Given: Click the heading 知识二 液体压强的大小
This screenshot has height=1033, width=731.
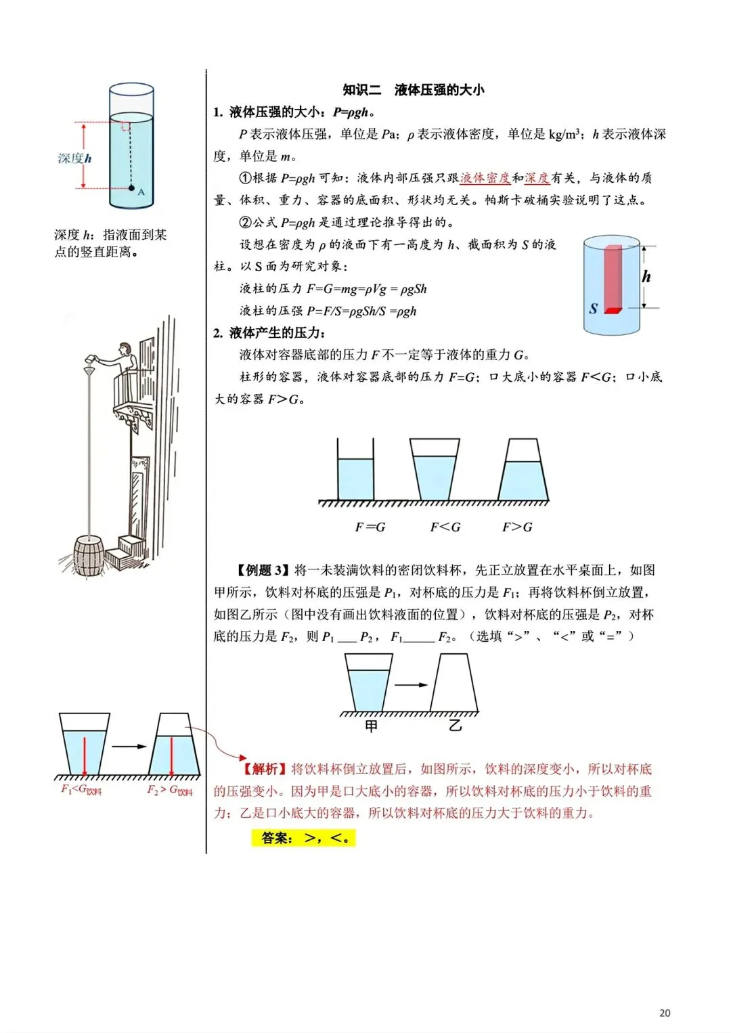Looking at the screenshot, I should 414,89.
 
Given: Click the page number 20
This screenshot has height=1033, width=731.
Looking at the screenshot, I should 665,1013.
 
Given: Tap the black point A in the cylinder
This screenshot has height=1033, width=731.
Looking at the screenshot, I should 131,188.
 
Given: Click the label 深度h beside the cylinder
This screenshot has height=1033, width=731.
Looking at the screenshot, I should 74,158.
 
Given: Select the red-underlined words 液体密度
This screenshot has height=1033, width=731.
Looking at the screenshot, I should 485,178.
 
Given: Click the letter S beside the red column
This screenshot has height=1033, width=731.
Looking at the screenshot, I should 593,309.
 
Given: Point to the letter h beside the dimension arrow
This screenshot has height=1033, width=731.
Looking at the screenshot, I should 646,276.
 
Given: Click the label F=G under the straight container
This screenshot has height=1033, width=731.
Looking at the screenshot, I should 370,527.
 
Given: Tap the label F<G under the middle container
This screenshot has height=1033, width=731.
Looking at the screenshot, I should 445,527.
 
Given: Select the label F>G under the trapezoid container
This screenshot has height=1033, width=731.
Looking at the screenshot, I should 517,527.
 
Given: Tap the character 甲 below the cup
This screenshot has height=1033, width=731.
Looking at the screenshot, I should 371,726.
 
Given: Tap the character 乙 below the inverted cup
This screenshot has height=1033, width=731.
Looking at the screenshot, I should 455,726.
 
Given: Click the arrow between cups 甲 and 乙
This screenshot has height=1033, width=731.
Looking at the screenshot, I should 411,685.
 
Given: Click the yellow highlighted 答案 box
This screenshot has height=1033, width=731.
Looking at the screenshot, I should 303,838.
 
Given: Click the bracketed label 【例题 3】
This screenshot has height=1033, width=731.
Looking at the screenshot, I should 263,571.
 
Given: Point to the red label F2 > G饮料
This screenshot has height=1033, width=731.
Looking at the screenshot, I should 170,790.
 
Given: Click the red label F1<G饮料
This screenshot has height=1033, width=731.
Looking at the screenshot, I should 81,789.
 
